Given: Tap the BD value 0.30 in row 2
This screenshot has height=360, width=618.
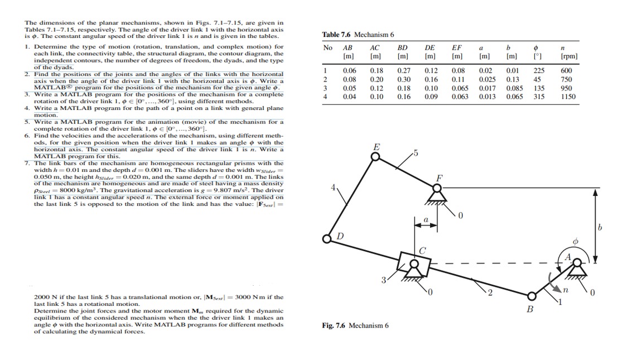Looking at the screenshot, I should [403, 79].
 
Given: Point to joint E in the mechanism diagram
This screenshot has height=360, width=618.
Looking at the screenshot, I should [376, 157].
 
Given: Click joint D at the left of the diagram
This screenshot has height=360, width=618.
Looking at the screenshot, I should [327, 238].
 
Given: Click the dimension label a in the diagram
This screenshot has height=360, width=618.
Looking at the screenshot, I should [426, 220].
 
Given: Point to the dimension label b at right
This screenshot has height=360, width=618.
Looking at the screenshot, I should [600, 227].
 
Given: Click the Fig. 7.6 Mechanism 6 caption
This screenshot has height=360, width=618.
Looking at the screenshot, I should [355, 325].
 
